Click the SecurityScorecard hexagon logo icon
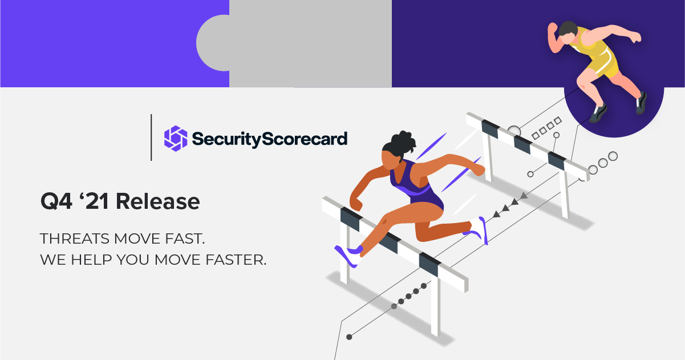tap(176, 139)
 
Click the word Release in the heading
tap(158, 201)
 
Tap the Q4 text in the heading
tap(56, 201)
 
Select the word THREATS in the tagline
tap(75, 238)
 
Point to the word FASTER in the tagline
tap(236, 260)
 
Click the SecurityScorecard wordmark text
tap(269, 139)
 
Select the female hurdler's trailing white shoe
tap(479, 229)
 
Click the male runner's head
tap(568, 33)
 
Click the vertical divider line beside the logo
tap(151, 137)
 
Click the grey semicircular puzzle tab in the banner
tap(213, 43)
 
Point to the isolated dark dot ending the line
tap(349, 337)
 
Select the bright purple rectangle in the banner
tap(115, 43)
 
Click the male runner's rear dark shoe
tap(642, 103)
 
